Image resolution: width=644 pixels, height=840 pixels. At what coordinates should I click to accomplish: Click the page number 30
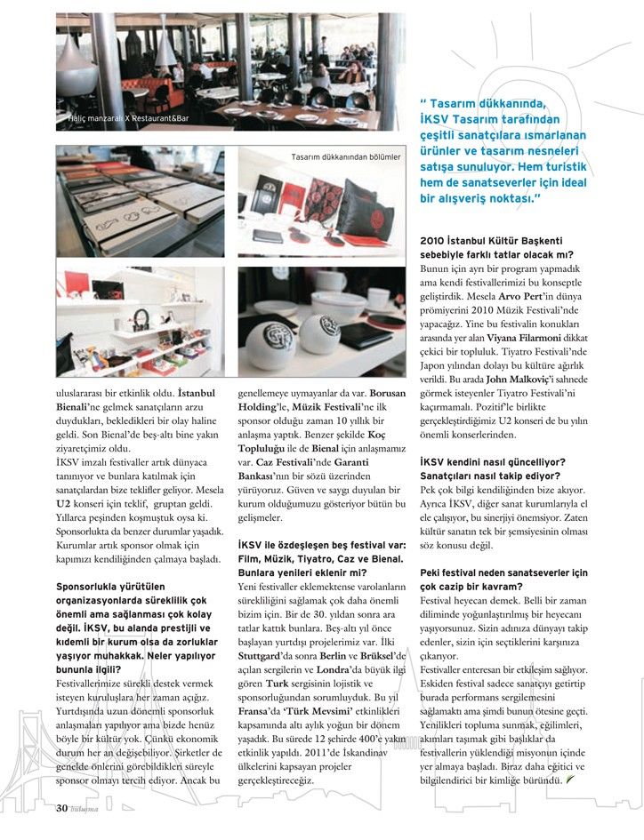(62, 808)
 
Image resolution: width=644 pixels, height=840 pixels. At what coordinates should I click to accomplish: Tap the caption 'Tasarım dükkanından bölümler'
(346, 157)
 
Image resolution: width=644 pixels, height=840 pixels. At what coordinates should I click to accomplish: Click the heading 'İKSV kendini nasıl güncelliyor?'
(492, 462)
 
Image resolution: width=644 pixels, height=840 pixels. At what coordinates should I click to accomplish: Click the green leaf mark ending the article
(568, 779)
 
